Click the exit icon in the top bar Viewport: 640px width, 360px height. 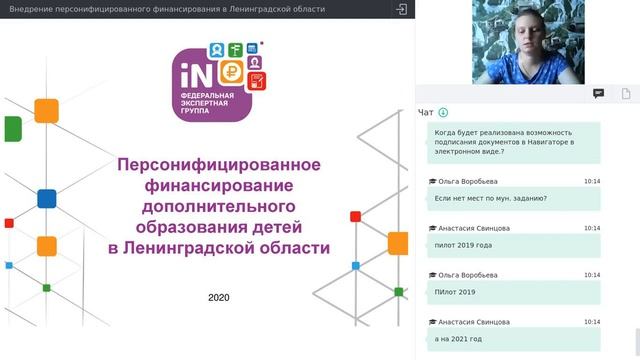pos(401,9)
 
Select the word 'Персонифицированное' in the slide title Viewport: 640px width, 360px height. pos(219,164)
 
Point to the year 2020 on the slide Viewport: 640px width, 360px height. pos(219,297)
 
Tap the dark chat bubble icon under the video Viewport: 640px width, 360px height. pos(598,93)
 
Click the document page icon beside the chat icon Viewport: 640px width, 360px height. pos(624,93)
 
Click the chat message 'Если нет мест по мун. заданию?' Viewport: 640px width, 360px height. pos(490,198)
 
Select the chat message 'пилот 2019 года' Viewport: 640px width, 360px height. pos(464,245)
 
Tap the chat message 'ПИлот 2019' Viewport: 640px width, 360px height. pos(456,292)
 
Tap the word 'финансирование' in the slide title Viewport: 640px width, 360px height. pos(219,185)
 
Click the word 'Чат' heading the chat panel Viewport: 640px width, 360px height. pos(426,113)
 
